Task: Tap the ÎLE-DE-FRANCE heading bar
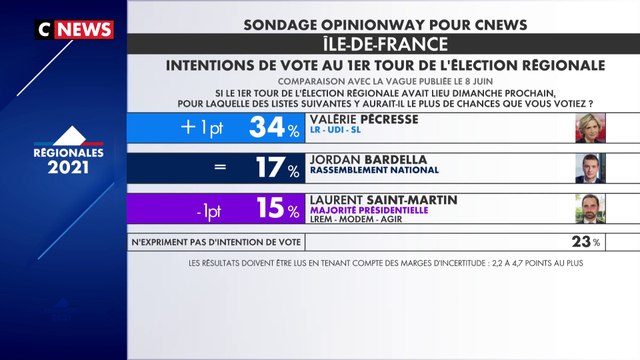(384, 45)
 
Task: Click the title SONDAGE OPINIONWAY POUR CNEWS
(384, 21)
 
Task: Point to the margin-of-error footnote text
(384, 264)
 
